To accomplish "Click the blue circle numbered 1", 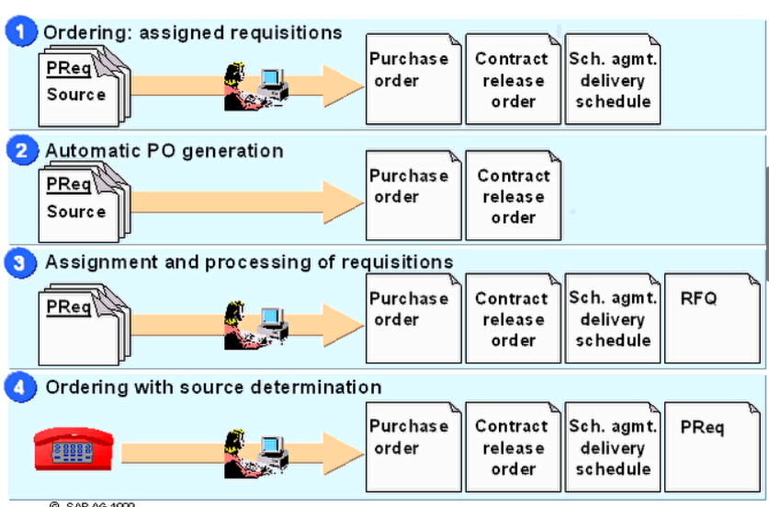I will click(x=23, y=32).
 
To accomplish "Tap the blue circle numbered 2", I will click(x=23, y=151).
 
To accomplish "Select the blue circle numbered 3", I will click(x=23, y=263).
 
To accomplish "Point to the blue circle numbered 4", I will click(x=23, y=387).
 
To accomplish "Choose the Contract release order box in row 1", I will click(x=512, y=79).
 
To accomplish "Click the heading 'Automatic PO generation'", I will click(x=164, y=151).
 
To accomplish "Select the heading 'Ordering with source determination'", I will click(x=213, y=387).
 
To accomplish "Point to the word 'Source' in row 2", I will click(x=76, y=212).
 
